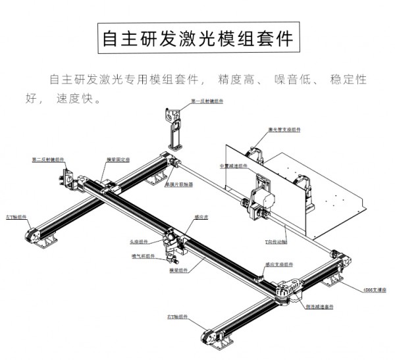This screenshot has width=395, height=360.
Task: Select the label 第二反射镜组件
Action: point(48,159)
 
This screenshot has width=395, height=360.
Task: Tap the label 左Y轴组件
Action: point(16,215)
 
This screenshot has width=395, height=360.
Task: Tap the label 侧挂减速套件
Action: point(320,307)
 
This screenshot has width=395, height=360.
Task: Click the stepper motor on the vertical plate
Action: point(261,198)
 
